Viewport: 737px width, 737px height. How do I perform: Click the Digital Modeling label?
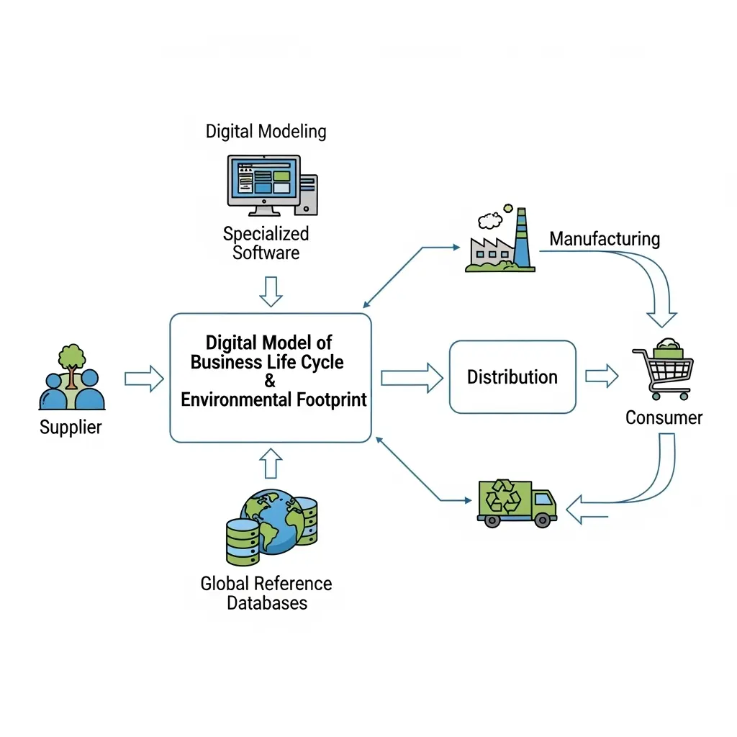point(266,132)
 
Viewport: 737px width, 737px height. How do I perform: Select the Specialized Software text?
point(266,243)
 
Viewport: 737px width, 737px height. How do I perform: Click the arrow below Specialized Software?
point(271,291)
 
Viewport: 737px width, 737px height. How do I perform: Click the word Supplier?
point(71,428)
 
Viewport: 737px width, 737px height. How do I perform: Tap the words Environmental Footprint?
point(273,399)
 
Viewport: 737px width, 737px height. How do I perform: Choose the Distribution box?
point(512,377)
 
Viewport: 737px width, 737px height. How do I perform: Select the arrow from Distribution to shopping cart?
point(602,376)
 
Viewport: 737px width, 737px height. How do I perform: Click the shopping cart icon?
point(663,368)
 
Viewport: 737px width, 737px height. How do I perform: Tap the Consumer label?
point(664,417)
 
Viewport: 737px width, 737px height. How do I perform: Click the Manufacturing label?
point(605,239)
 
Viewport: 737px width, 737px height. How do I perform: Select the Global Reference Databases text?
point(266,592)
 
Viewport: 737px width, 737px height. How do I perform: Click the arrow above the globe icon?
point(271,463)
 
